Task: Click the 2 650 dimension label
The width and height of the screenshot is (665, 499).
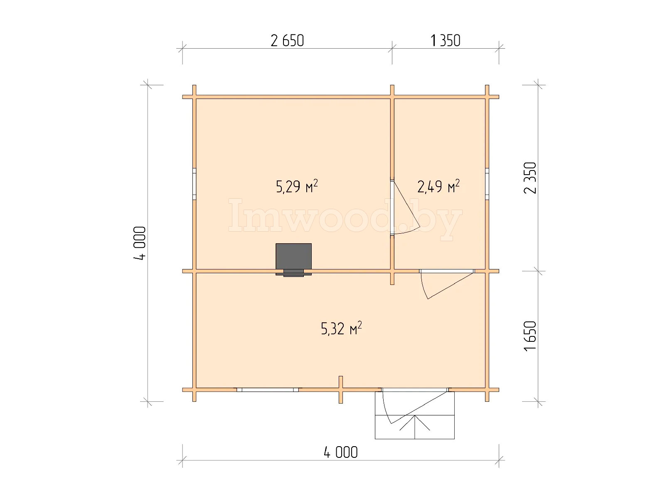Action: [287, 41]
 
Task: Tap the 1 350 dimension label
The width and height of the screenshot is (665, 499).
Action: [445, 41]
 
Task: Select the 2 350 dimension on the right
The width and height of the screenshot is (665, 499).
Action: [530, 178]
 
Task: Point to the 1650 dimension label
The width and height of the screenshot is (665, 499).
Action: [530, 336]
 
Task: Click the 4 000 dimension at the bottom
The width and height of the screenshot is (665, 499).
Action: [340, 452]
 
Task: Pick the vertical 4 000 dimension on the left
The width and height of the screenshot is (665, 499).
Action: [140, 243]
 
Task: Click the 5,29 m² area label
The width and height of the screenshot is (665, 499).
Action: [297, 186]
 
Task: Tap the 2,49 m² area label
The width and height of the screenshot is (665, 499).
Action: [438, 186]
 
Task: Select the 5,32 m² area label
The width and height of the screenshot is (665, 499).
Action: [341, 328]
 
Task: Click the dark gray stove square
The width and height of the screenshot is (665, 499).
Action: [293, 256]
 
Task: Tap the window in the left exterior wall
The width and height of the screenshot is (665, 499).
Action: [194, 184]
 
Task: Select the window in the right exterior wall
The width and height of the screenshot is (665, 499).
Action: [487, 184]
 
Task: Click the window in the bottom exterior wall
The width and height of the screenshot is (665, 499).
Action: [268, 390]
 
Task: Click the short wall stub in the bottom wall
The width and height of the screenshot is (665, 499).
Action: [340, 390]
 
